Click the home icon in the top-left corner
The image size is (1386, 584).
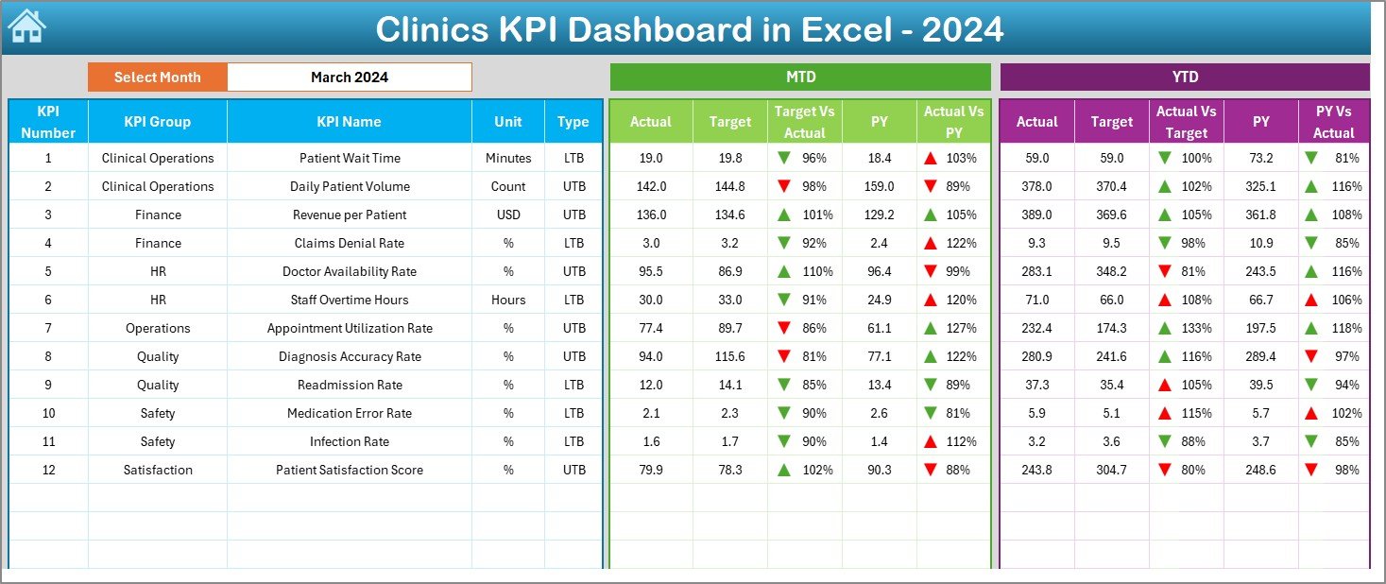(x=26, y=27)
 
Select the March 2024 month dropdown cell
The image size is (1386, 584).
(x=349, y=77)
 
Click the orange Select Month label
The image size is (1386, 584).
(x=158, y=77)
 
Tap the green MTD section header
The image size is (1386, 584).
(x=800, y=77)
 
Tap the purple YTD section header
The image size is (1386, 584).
(x=1184, y=77)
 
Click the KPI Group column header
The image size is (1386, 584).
(x=158, y=122)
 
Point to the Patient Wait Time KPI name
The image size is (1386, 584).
(x=350, y=158)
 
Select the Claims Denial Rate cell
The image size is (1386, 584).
(x=350, y=243)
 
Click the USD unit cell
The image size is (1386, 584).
(x=508, y=215)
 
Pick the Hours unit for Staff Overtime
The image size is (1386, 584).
(x=508, y=300)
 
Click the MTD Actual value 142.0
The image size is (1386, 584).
(x=651, y=186)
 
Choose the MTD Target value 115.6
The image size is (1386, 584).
(x=730, y=356)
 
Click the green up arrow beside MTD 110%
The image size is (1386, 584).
(x=783, y=271)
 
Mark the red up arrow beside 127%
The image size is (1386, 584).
(x=932, y=328)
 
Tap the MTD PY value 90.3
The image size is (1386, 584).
(x=880, y=470)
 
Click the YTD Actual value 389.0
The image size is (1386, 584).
(x=1036, y=215)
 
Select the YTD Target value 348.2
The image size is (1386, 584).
(x=1111, y=271)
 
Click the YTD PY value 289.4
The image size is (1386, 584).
(x=1260, y=356)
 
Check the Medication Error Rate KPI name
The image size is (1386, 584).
(x=350, y=413)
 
